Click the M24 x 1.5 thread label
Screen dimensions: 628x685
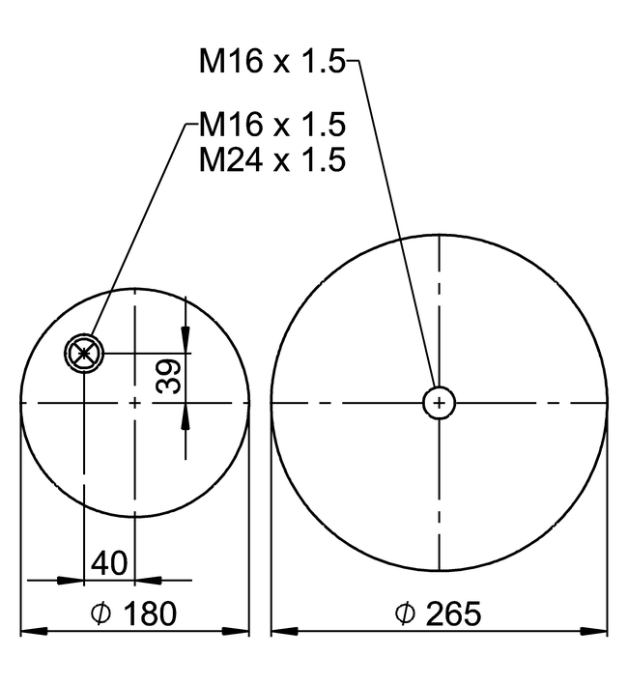[x=272, y=159]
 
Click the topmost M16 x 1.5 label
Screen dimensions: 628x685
[x=272, y=60]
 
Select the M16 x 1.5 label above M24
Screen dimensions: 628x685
[x=272, y=124]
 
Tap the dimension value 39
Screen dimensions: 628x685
[x=168, y=376]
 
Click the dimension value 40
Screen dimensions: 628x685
[x=109, y=563]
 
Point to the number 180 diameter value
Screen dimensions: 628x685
[x=151, y=614]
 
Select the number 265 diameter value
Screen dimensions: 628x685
[x=453, y=614]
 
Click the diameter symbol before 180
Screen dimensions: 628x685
[x=100, y=614]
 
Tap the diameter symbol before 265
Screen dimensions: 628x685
[x=405, y=614]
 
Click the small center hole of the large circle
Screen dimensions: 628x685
[x=439, y=403]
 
